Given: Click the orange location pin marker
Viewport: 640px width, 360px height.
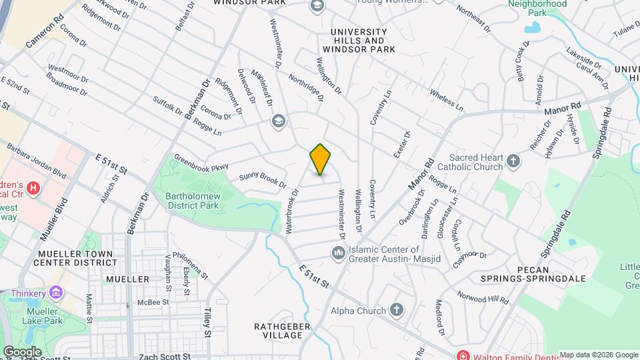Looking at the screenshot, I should pyautogui.click(x=320, y=159).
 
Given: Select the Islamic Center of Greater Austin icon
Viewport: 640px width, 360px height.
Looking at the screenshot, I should pyautogui.click(x=338, y=252).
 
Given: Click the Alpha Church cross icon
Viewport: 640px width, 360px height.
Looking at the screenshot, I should pyautogui.click(x=397, y=310).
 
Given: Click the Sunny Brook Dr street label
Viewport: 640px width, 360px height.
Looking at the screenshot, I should pyautogui.click(x=262, y=179).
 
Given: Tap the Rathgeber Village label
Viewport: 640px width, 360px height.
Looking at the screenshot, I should pyautogui.click(x=278, y=331).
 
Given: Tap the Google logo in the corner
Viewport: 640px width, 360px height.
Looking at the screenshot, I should pyautogui.click(x=22, y=351).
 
